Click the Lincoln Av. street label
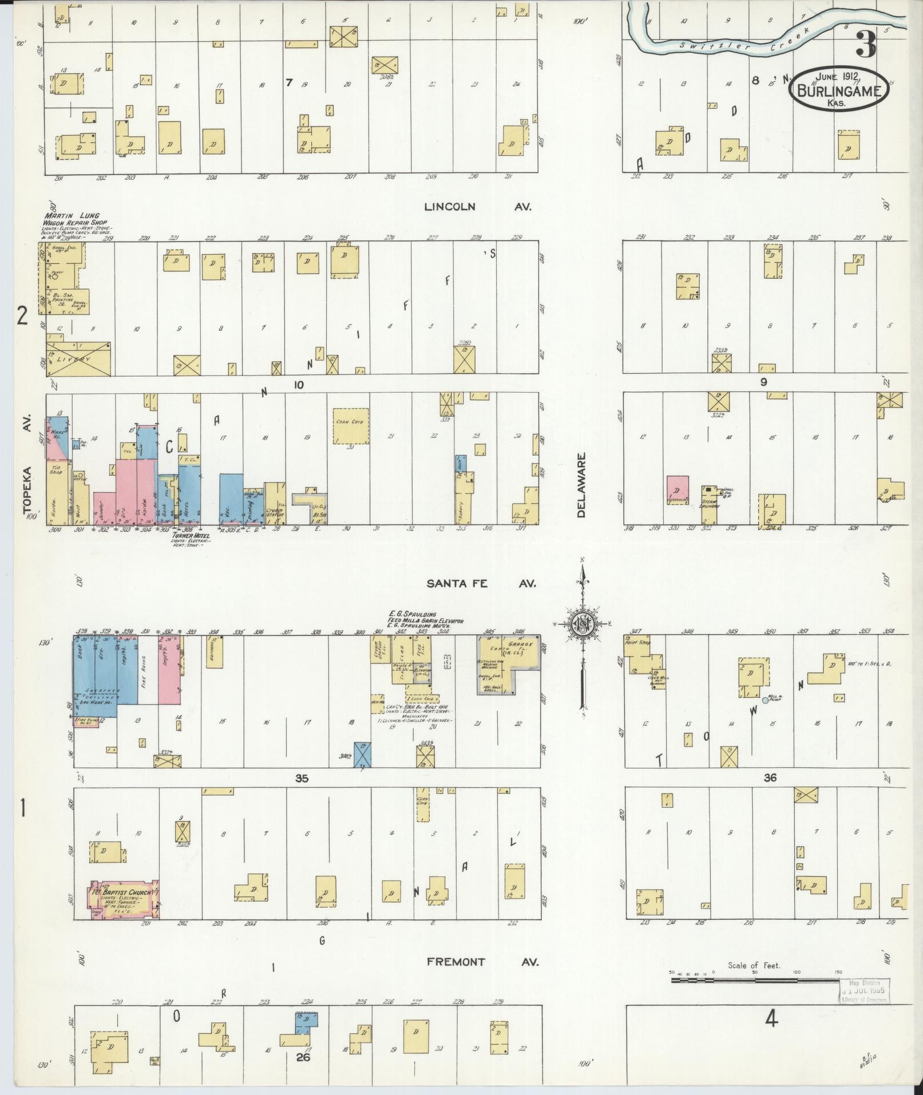click(x=477, y=207)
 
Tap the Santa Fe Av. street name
click(x=481, y=583)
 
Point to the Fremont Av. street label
click(x=483, y=962)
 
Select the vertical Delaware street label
click(x=582, y=485)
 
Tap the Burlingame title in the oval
click(x=839, y=90)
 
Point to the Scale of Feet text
click(x=754, y=965)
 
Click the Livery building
click(x=79, y=359)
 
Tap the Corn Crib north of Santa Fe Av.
click(x=351, y=426)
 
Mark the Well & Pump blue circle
click(x=765, y=699)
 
